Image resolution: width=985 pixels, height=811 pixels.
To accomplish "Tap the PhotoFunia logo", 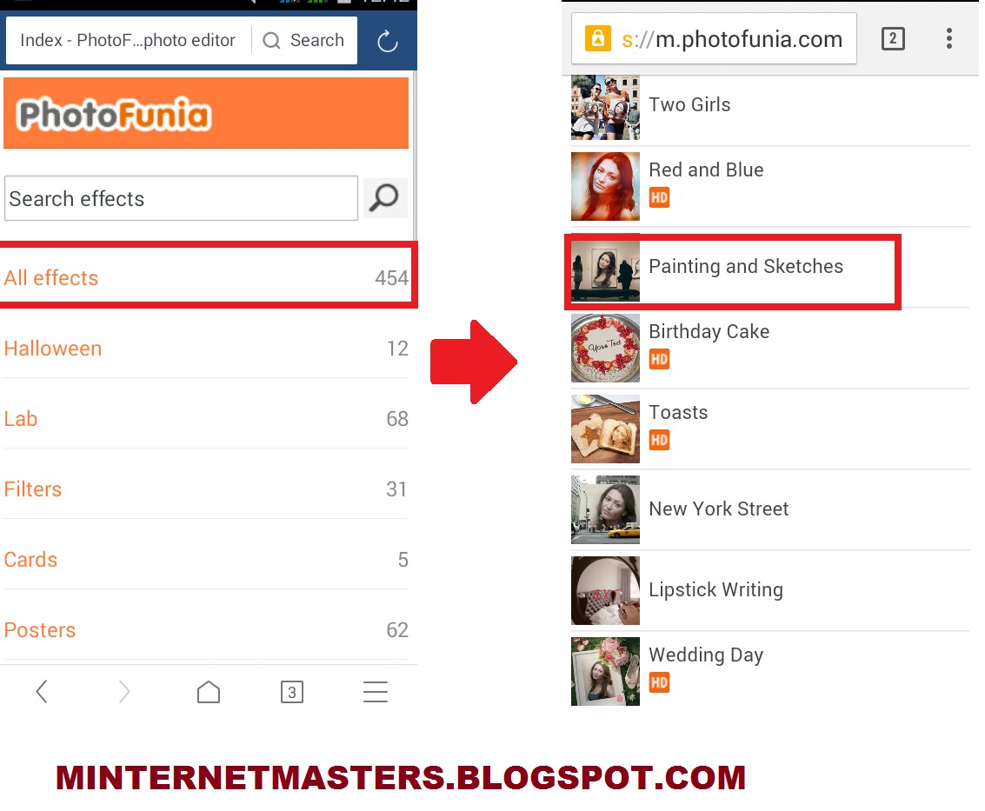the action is pos(114,115).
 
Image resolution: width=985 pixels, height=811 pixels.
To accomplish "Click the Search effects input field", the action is pos(181,198).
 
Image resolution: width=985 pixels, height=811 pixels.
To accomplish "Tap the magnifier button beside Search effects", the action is pos(384,198).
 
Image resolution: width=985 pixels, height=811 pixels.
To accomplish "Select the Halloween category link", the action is pos(53,349).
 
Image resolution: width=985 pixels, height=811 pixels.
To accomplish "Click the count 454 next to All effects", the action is pos(391,278).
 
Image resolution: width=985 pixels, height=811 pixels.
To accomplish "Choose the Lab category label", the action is pos(21,419).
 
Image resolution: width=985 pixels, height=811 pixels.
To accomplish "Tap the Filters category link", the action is pos(33,489).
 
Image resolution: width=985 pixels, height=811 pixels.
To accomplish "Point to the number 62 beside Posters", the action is pos(397,630).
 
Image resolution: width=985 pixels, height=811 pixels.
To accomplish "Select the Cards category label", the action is pos(30,560).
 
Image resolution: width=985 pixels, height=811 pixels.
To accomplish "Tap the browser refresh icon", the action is pos(387,42).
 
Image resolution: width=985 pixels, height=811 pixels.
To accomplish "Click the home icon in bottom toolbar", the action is pos(209,692).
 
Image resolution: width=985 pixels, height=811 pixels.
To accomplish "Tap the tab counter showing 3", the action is pos(292,692).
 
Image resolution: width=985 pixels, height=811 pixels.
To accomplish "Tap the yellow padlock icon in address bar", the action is pos(597,39).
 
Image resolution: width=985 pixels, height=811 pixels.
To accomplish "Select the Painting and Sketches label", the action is pos(746,266).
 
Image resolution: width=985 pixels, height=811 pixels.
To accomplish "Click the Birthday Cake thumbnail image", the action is pos(605,348).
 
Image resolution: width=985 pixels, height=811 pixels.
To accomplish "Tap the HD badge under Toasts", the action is pos(659,440).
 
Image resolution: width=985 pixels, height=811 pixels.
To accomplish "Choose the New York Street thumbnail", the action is pos(605,509).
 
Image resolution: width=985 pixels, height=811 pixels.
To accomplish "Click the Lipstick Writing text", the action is pos(715,590).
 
